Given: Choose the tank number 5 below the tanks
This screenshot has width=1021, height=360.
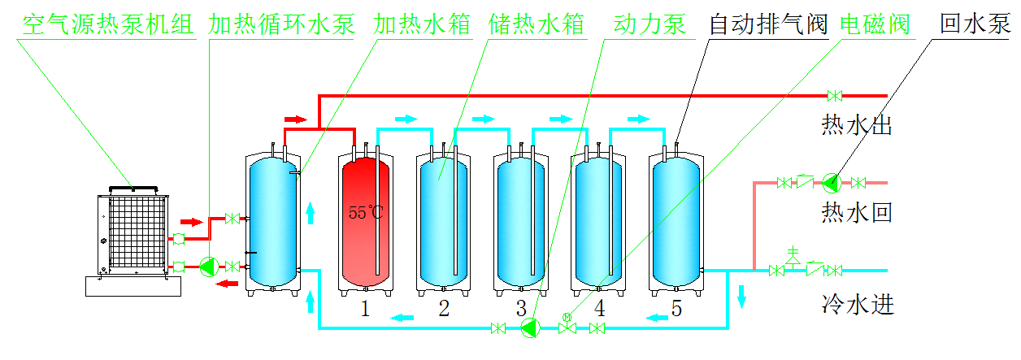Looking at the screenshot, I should pyautogui.click(x=677, y=308).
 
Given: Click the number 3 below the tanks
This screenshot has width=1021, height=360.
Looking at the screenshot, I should pyautogui.click(x=521, y=308).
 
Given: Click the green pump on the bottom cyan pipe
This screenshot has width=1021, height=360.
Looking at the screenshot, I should pyautogui.click(x=531, y=327).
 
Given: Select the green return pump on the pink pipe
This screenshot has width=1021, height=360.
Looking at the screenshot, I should pyautogui.click(x=830, y=182).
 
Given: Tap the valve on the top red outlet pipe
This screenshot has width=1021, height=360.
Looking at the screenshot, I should pyautogui.click(x=834, y=96).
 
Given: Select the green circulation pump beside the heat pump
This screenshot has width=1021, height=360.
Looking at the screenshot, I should pyautogui.click(x=208, y=266).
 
